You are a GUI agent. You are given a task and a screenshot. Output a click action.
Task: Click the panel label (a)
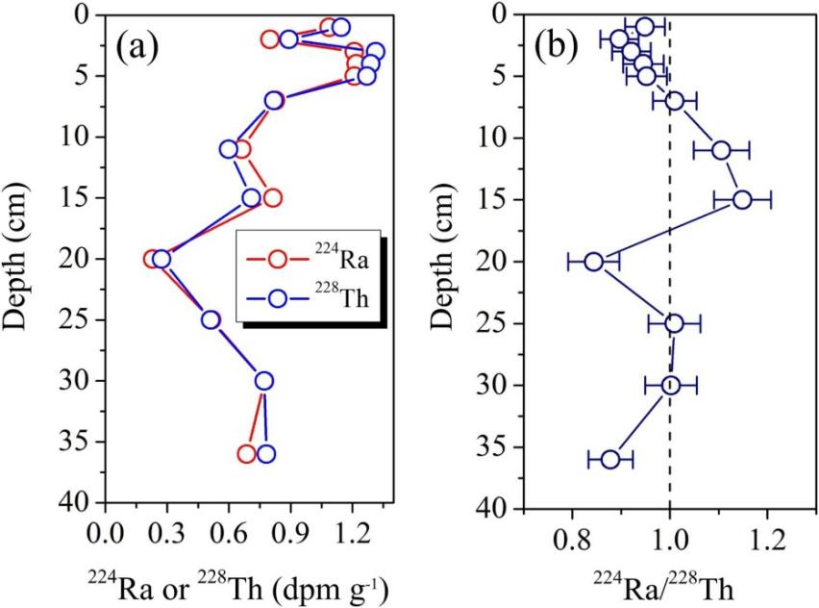point(136,47)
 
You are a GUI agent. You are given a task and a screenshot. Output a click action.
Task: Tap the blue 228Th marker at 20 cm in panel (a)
point(161,259)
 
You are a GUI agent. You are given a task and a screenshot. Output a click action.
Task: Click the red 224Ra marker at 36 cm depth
point(247,454)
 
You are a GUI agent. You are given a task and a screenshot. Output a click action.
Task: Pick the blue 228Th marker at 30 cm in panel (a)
point(264,381)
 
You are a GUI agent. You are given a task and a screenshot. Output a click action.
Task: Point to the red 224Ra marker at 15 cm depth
point(272,198)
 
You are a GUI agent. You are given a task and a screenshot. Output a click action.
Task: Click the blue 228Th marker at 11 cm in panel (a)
point(229,149)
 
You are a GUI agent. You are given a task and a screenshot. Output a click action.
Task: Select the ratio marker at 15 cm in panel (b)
point(742,199)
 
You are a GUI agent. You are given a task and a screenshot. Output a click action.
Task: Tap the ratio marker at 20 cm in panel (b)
point(594,262)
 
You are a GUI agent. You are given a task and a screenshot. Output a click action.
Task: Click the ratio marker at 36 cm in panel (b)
point(610,460)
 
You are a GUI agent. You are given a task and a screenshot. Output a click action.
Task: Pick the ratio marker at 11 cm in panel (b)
point(721,150)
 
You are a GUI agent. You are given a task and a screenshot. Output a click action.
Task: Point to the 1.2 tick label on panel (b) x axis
point(766,535)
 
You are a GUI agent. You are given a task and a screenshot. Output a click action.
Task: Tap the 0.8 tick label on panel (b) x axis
point(572,535)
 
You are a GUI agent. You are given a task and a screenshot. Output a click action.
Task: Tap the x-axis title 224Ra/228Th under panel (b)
point(669,582)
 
